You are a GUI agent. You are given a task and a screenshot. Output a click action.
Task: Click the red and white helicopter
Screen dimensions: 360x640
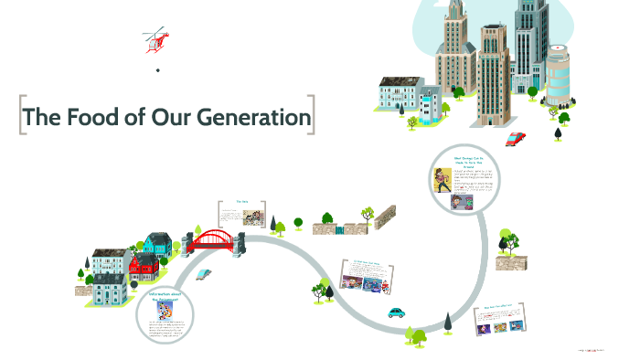[156, 39]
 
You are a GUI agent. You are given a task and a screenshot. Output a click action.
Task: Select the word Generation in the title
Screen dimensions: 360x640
[258, 118]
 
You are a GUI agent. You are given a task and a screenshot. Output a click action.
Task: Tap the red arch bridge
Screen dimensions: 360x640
[215, 239]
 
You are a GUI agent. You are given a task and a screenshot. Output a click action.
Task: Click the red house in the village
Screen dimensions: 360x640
[144, 268]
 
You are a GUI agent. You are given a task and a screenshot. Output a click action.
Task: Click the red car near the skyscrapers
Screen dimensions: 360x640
[516, 139]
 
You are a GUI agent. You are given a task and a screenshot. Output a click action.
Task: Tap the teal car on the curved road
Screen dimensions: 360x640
[396, 312]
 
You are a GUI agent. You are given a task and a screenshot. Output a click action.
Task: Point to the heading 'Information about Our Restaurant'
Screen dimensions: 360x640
[168, 297]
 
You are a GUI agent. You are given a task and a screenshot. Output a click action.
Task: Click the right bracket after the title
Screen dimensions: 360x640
[313, 117]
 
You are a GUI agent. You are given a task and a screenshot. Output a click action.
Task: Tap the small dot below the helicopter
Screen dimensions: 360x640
[157, 70]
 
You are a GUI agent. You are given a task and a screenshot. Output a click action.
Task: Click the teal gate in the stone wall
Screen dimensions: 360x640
[341, 229]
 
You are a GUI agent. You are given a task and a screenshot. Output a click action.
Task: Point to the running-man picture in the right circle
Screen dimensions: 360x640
[443, 179]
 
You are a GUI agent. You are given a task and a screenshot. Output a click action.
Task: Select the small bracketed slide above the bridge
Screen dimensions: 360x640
[243, 216]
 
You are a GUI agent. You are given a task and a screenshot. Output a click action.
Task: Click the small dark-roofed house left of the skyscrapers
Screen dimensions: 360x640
[400, 93]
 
